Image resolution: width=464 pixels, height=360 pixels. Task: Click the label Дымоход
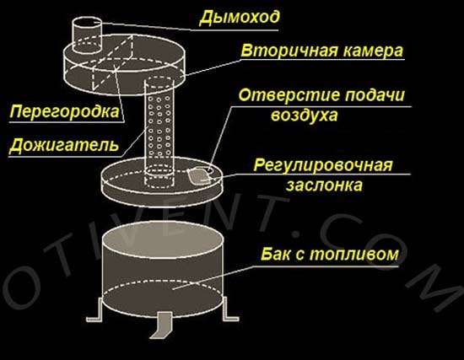[239, 18]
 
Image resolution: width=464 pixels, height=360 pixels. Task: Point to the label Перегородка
[64, 112]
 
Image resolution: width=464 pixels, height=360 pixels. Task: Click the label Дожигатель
[64, 145]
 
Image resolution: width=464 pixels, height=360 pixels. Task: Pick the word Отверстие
[289, 95]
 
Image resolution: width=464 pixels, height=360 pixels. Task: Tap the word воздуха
[305, 116]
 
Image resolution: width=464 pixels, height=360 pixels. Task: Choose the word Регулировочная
[323, 165]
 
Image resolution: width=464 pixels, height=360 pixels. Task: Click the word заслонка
[324, 185]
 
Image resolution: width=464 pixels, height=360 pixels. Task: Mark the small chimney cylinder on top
[87, 35]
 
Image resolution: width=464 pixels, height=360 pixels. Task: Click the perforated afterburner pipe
[159, 132]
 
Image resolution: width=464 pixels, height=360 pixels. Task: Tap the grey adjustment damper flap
[199, 175]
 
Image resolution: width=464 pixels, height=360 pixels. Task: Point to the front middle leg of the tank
[161, 325]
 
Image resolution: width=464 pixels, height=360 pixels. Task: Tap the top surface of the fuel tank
[162, 239]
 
